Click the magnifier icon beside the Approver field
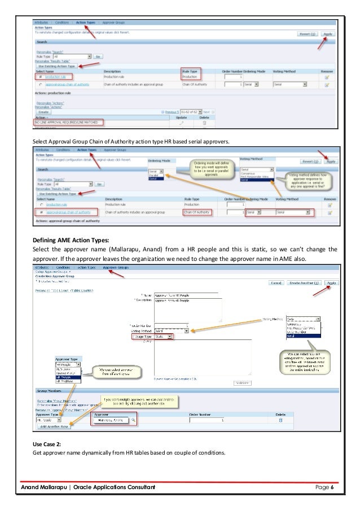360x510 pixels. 133,420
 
